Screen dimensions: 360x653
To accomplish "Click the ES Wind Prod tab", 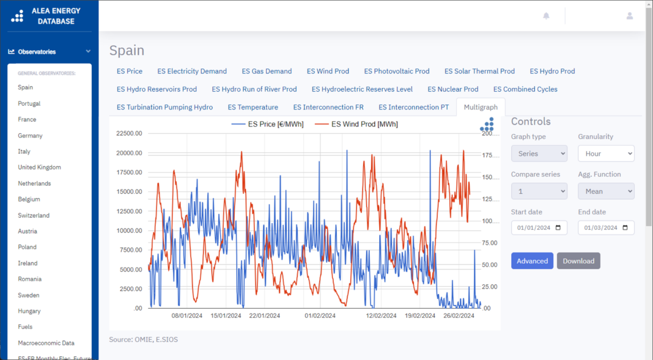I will tap(328, 71).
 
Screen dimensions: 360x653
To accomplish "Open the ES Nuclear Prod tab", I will tap(452, 89).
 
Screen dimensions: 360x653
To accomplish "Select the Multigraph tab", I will tap(481, 107).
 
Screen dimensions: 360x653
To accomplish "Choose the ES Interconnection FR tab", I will tap(328, 107).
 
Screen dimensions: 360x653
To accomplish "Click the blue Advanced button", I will tap(532, 261).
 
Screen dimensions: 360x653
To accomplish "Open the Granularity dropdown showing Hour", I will tap(606, 153).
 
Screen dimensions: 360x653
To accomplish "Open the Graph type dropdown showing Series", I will tap(539, 153).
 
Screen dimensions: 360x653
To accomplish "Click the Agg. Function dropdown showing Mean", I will tap(606, 191).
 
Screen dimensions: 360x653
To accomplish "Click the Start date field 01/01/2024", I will tap(539, 228).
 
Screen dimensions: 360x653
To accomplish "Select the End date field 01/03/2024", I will tap(606, 228).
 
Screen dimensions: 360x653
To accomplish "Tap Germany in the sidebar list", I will tap(30, 136).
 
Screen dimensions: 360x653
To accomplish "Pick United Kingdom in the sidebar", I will tap(39, 167).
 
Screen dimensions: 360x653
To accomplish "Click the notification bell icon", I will tap(546, 16).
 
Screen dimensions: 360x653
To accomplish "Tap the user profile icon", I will tap(629, 16).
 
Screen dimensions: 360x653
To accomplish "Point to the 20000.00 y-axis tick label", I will tap(129, 153).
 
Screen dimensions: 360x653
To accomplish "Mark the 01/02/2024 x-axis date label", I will tap(320, 316).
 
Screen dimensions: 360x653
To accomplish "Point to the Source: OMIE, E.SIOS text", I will tap(143, 339).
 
